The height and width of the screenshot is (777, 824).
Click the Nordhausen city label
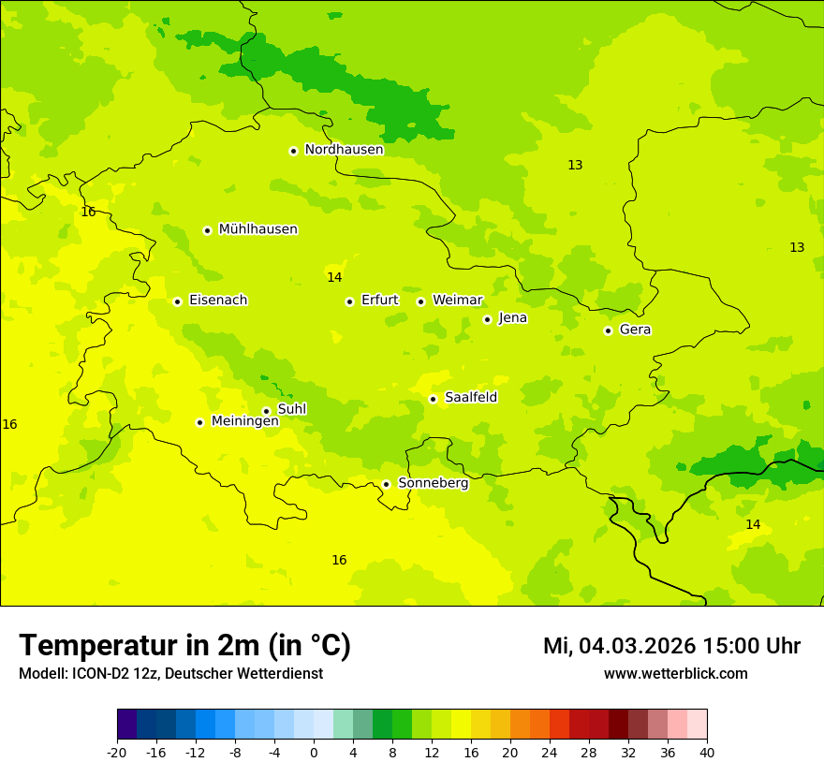[x=344, y=150]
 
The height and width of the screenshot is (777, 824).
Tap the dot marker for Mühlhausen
[x=208, y=230]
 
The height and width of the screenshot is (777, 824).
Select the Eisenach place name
[x=218, y=301]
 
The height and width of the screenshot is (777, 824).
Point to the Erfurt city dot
[x=349, y=301]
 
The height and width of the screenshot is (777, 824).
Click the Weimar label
[x=457, y=301]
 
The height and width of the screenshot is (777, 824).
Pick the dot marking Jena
[x=487, y=319]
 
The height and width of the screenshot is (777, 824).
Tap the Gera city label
[x=635, y=330]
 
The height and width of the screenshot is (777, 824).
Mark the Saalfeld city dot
[x=434, y=399]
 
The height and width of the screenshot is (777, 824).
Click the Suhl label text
[x=292, y=409]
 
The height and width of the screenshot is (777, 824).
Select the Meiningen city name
[x=244, y=421]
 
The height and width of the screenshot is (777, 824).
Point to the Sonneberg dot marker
[x=386, y=484]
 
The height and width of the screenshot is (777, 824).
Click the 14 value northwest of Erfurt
[x=334, y=277]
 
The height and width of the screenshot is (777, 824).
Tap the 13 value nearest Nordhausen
[x=575, y=165]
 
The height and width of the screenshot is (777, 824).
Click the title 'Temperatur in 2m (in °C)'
[x=184, y=646]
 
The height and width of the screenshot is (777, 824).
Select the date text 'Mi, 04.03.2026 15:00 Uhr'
[x=671, y=646]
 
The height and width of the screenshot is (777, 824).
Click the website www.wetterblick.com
[x=675, y=674]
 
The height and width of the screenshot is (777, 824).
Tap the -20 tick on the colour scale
[x=117, y=753]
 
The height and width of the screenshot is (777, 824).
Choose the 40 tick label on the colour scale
[x=706, y=753]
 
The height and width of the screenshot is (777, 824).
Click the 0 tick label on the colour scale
[x=314, y=753]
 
